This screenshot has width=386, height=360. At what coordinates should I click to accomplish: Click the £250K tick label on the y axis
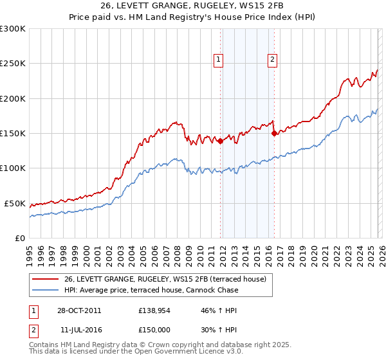[x=13, y=64]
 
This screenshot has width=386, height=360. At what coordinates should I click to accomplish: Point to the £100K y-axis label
[x=13, y=168]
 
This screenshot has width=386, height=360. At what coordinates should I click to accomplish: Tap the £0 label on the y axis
[x=19, y=238]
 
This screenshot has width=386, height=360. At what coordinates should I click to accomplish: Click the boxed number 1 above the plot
[x=219, y=60]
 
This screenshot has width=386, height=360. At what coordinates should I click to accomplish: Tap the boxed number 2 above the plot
[x=273, y=60]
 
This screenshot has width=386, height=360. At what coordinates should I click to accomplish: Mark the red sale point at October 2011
[x=220, y=141]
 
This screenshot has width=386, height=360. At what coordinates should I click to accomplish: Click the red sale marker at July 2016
[x=274, y=134]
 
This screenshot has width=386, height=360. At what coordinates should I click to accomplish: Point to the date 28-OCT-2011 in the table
[x=79, y=310]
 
